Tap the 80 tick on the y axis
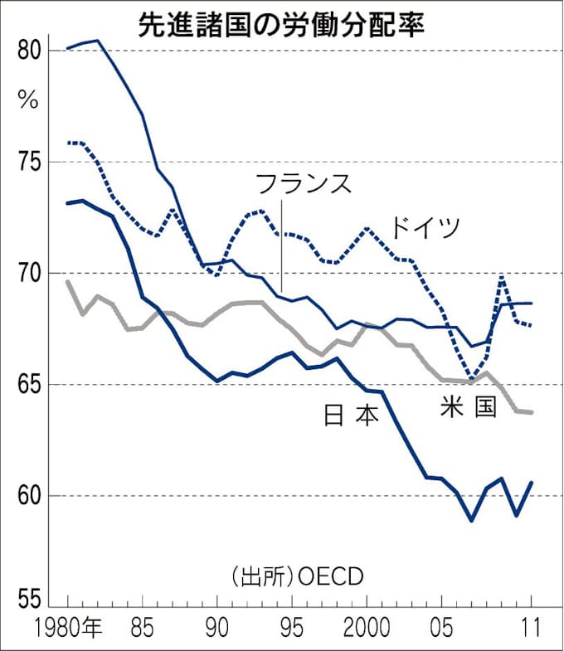coord(29,51)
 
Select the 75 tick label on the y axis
coord(29,162)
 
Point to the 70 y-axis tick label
coord(29,273)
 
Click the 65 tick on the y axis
coord(29,384)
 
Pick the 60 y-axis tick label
coord(29,496)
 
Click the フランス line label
coord(304,185)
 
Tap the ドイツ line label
coord(425,226)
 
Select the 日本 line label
coord(351,415)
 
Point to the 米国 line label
coord(469,407)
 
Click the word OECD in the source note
coord(328,576)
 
